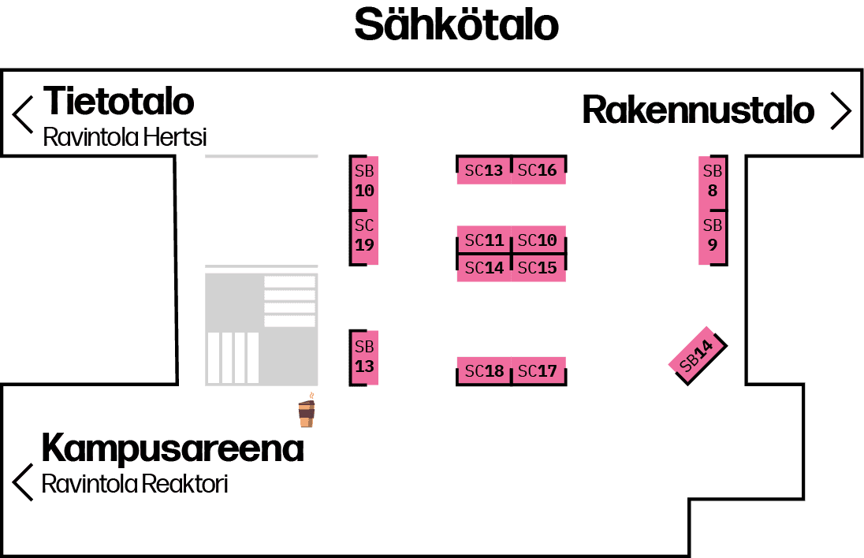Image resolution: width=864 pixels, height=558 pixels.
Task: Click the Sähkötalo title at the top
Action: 456,25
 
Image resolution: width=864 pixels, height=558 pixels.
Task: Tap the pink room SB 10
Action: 364,182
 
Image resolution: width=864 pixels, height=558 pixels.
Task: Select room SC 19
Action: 364,236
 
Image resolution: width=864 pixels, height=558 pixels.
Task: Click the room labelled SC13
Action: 483,170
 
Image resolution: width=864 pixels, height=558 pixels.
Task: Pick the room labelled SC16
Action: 538,170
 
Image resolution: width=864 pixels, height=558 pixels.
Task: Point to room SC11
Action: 483,240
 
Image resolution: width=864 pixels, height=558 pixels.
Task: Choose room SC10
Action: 538,240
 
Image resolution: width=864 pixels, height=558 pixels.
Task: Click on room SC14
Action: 483,268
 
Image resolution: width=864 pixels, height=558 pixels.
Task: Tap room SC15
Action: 538,268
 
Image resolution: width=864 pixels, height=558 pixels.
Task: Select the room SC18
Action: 483,370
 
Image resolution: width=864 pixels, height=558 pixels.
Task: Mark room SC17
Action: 538,370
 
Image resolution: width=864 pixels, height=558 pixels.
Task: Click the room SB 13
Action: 364,357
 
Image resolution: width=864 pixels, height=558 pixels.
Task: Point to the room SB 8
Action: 713,182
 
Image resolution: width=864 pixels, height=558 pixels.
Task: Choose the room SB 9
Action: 713,236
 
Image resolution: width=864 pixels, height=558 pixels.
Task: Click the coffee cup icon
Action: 306,412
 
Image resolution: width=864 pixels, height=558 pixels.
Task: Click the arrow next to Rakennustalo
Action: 841,111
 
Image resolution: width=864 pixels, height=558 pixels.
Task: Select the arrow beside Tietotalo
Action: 23,114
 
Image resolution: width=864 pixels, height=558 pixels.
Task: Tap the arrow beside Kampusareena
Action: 23,482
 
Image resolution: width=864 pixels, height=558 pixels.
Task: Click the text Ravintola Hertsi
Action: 125,137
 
